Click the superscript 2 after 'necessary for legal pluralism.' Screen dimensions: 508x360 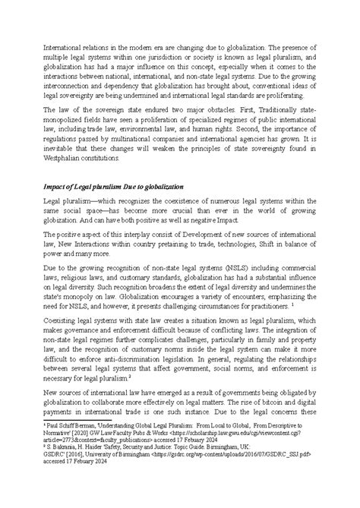pyautogui.click(x=130, y=396)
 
